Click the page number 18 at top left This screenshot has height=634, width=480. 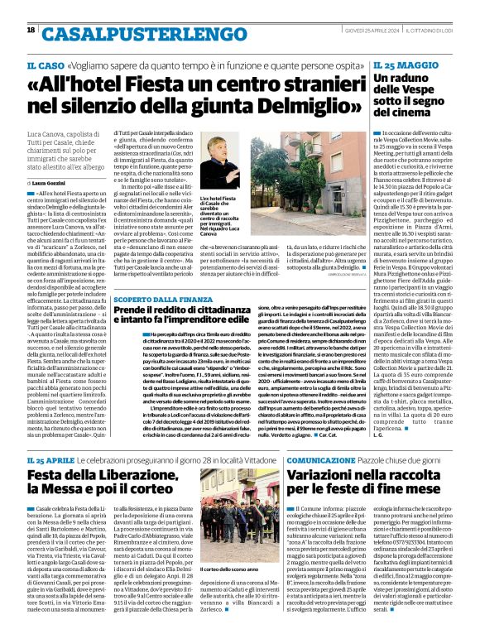click(31, 30)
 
